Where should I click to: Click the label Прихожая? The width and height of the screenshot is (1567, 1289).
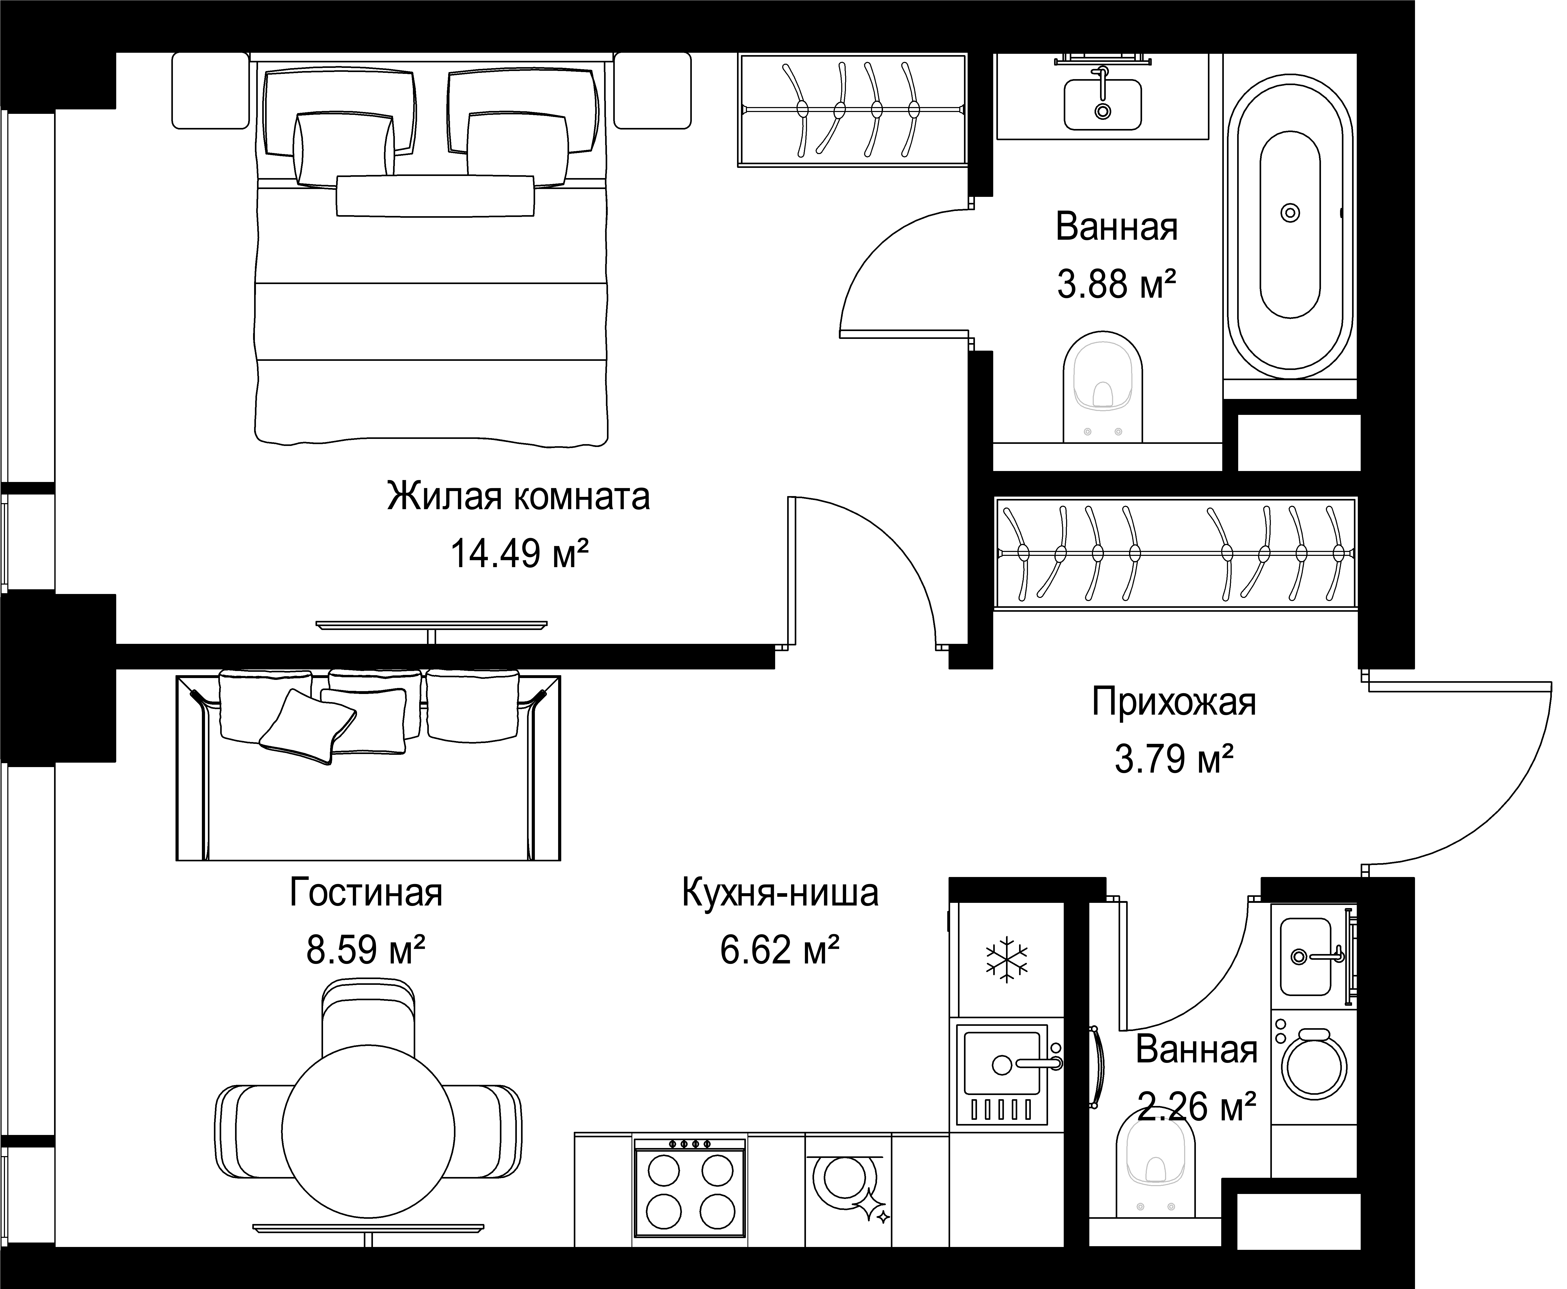(x=1173, y=702)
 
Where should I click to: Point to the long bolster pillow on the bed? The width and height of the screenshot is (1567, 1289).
(x=435, y=196)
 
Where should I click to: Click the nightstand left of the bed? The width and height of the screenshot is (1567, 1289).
(x=210, y=91)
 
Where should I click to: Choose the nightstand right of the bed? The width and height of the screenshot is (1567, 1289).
(x=653, y=91)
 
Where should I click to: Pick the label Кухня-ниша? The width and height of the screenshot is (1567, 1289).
(x=780, y=892)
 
